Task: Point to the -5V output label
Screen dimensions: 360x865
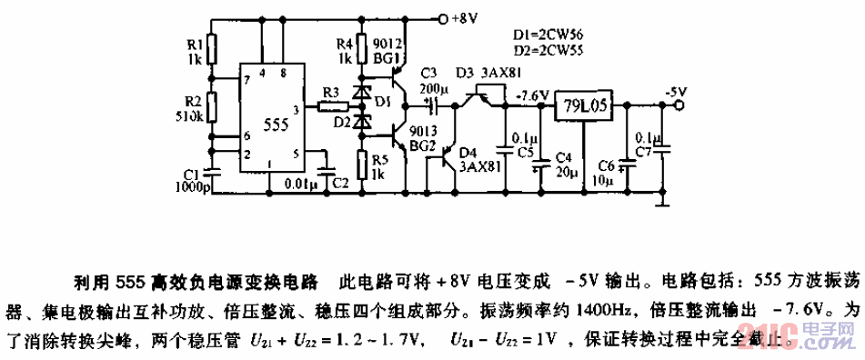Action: point(674,91)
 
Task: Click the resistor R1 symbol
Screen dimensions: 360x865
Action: point(211,47)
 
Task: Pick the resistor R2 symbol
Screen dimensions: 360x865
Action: point(211,106)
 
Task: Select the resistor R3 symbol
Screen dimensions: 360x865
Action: point(330,106)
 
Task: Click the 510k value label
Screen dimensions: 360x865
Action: point(189,117)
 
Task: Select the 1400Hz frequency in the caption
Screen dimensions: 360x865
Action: point(571,307)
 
